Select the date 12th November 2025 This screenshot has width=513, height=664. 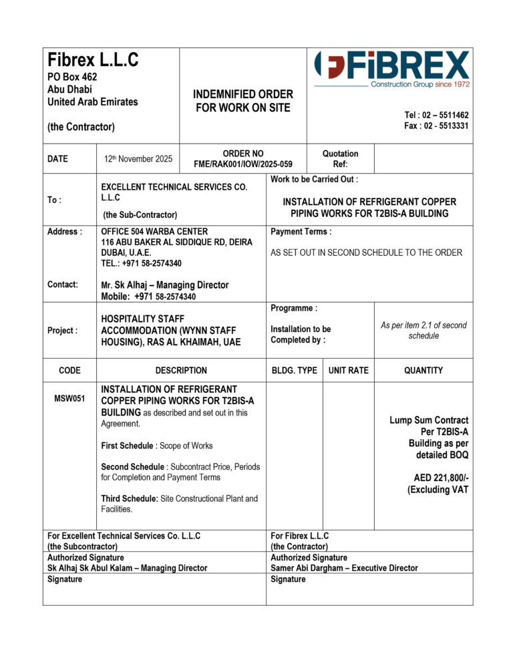point(138,159)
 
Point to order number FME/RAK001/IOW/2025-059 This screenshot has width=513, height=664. point(243,164)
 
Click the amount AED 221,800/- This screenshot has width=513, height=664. point(438,478)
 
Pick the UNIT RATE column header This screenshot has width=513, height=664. point(348,370)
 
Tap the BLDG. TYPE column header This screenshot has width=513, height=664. point(294,370)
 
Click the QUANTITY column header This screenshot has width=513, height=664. point(423,370)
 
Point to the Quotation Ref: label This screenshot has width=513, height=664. point(340,159)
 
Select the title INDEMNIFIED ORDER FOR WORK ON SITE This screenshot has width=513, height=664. point(243,101)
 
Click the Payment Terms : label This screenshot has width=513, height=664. point(301,232)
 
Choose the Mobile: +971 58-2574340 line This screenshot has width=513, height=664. point(148,297)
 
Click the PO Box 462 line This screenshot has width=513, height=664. point(72,77)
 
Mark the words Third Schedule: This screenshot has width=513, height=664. point(130,498)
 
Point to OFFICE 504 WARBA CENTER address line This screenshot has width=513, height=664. point(154,232)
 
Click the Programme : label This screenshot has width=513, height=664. point(294,309)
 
